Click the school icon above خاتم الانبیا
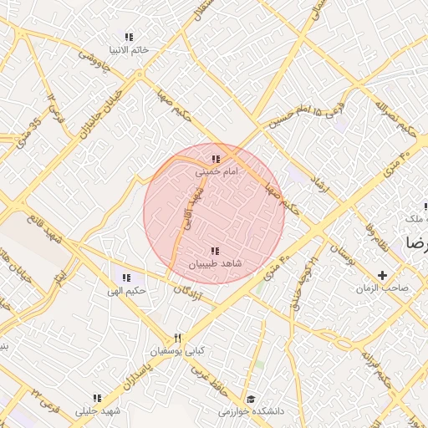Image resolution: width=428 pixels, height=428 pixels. tap(128, 37)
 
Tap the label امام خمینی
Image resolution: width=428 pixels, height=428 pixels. tap(217, 171)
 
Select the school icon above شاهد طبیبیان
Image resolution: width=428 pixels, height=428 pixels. tap(215, 250)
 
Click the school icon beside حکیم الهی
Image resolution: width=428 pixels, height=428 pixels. tap(126, 278)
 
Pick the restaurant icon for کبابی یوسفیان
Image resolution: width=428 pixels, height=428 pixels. tap(177, 338)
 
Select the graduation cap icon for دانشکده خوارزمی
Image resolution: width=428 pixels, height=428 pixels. tap(250, 398)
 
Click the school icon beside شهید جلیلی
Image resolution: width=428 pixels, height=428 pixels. tap(97, 398)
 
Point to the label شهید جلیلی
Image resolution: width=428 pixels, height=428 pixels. tap(99, 411)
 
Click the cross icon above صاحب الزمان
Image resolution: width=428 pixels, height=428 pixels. tap(383, 275)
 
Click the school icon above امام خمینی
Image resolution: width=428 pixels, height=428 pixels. tap(216, 158)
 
